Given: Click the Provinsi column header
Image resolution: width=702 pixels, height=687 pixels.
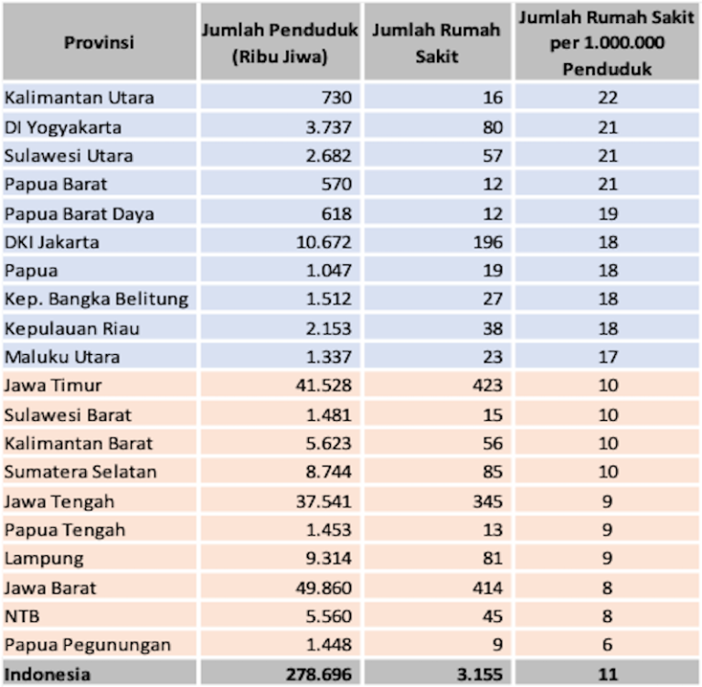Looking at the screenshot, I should [x=99, y=43].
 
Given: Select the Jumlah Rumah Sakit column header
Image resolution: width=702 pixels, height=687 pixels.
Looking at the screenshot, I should [x=437, y=43].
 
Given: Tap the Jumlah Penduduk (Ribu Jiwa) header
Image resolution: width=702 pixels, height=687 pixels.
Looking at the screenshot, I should [x=279, y=43].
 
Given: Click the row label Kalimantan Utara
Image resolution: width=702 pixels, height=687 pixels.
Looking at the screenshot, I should [x=80, y=97].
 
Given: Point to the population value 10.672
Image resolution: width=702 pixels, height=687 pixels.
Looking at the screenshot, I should [x=324, y=242].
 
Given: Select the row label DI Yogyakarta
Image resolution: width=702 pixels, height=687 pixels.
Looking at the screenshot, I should [x=63, y=126].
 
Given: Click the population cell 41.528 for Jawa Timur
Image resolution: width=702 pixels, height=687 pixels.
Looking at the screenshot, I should [x=324, y=386].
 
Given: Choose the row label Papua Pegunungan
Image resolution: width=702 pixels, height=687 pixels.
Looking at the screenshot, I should [x=88, y=645].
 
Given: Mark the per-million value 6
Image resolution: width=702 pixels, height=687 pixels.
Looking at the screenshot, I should [x=608, y=645].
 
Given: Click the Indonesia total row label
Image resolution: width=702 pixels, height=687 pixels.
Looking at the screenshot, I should [x=48, y=674].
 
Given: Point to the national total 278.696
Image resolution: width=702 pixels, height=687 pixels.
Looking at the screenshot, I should [x=319, y=674].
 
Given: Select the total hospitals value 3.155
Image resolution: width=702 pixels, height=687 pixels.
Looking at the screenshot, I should [x=482, y=674].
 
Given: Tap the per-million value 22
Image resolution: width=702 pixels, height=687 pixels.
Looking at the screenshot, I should [x=608, y=97].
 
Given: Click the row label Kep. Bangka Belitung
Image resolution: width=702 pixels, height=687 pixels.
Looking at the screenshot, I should [x=96, y=299].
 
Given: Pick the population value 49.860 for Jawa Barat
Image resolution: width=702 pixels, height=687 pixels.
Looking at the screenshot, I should [x=324, y=587].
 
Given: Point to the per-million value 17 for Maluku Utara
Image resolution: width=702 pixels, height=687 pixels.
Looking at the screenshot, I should [x=608, y=357].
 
